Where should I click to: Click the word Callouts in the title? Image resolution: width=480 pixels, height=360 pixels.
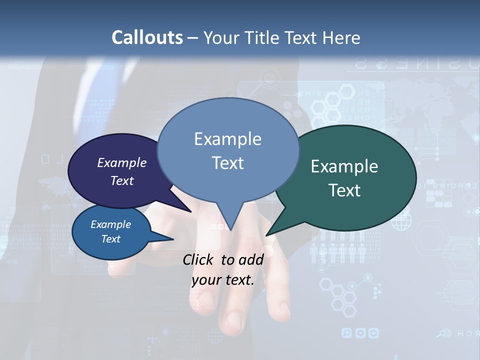click(147, 37)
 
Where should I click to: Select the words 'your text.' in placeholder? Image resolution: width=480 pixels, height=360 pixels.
click(223, 280)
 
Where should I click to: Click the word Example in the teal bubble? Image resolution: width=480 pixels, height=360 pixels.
click(344, 166)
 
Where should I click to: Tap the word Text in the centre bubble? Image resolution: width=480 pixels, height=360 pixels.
click(227, 163)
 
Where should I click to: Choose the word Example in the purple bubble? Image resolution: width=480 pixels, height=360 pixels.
click(122, 162)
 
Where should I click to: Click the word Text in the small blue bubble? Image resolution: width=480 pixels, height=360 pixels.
click(111, 239)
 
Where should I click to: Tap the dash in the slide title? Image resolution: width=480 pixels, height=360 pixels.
click(193, 37)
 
